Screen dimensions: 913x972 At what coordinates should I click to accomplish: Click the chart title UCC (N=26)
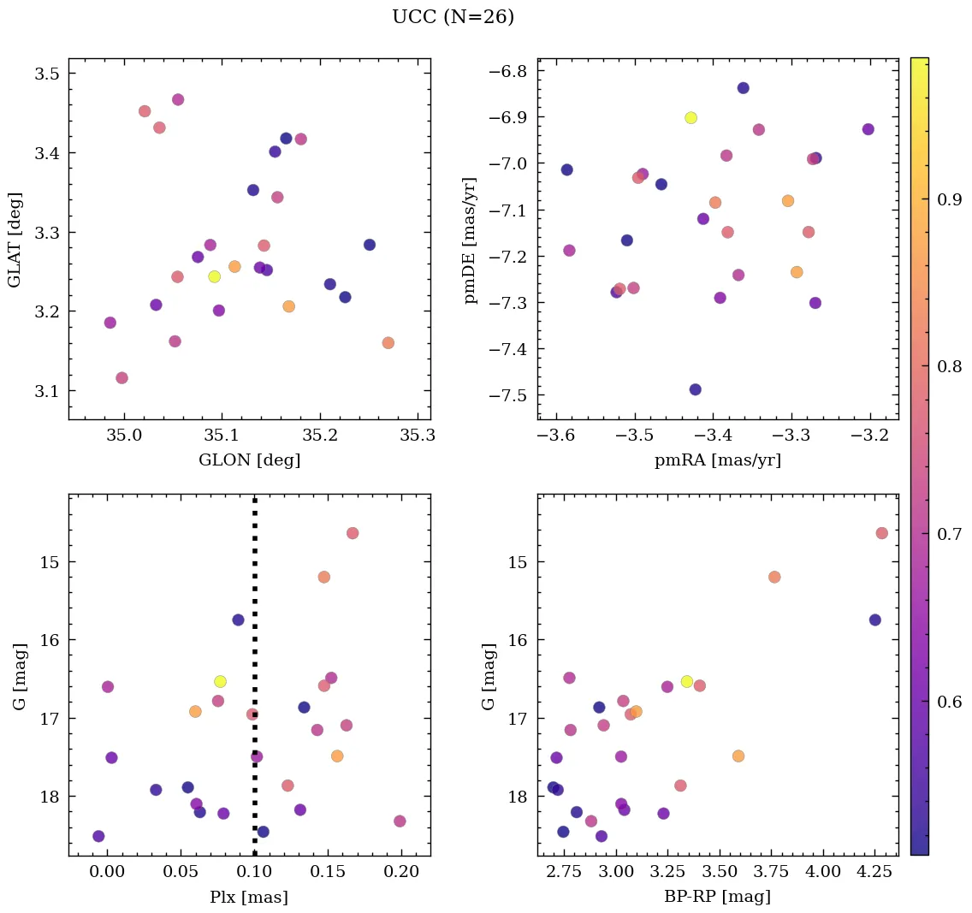pos(453,17)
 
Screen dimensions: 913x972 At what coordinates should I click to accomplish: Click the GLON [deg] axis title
pos(249,460)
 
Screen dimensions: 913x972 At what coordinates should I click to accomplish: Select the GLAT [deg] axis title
pos(15,240)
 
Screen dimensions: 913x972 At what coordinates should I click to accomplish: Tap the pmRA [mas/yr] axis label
pos(718,460)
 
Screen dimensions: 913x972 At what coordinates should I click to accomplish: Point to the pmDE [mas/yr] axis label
pos(470,240)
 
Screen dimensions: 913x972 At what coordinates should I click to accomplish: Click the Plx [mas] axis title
pos(249,897)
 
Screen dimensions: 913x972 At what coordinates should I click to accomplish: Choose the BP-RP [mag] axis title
pos(718,897)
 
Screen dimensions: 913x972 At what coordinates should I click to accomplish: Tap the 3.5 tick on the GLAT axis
pos(46,74)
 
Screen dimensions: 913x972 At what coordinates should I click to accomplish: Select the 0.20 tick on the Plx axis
pos(401,873)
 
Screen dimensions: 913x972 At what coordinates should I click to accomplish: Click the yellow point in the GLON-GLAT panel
pos(214,276)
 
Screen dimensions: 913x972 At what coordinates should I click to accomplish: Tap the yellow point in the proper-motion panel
pos(690,118)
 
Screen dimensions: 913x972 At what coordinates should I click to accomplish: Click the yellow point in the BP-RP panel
pos(686,681)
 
